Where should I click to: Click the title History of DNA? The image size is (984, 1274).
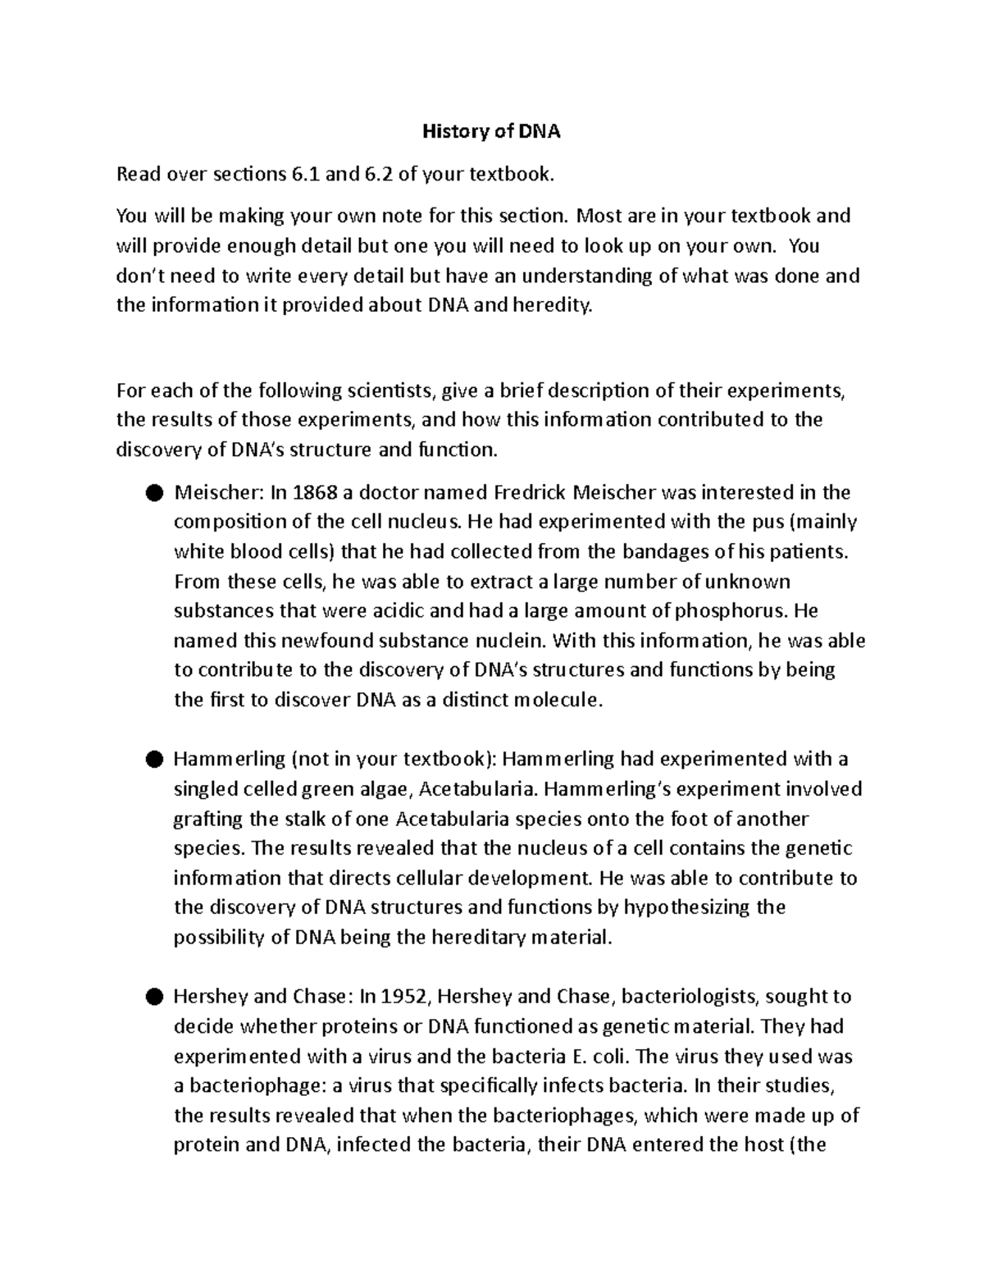pyautogui.click(x=491, y=131)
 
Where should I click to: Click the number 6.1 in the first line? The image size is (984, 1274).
pyautogui.click(x=307, y=174)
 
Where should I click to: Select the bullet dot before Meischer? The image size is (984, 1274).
pyautogui.click(x=153, y=493)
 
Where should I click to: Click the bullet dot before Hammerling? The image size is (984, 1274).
pyautogui.click(x=153, y=760)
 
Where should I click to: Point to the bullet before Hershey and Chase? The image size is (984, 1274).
pyautogui.click(x=153, y=998)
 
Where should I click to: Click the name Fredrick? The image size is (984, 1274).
pyautogui.click(x=529, y=492)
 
